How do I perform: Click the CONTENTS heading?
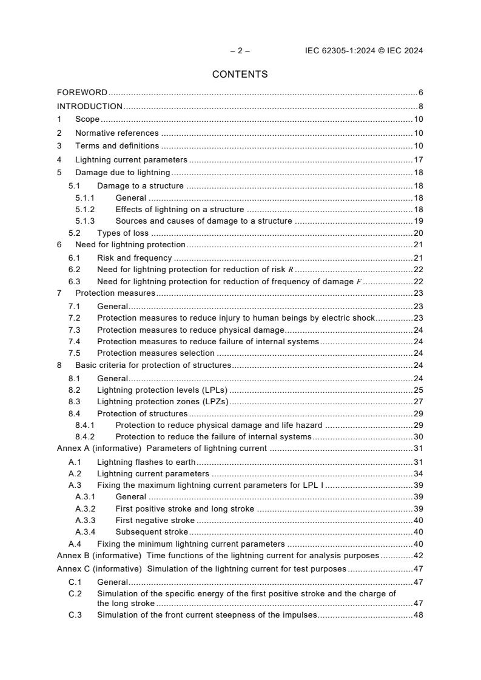tap(240, 75)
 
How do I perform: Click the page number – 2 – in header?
tap(240, 51)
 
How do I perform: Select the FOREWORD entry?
tap(82, 93)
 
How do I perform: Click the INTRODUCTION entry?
tap(90, 107)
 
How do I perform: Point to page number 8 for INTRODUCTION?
tap(420, 107)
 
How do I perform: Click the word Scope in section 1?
tap(87, 119)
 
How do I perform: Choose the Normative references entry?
tap(116, 133)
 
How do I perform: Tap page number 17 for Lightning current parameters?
tap(418, 160)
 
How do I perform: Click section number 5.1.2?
tap(86, 210)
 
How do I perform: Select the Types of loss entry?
tap(123, 233)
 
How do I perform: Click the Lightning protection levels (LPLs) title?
tap(162, 390)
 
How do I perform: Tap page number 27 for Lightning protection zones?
tap(418, 401)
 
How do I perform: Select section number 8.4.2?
tap(86, 436)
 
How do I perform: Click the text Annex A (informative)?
tap(99, 448)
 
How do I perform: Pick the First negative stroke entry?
tap(155, 520)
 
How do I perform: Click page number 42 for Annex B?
tap(418, 556)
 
